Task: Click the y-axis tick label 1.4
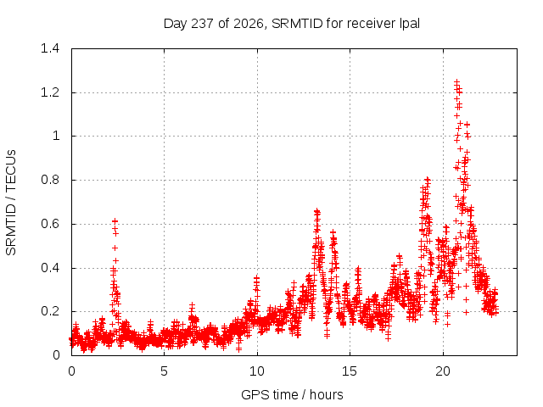(50, 48)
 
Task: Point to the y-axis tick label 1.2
(50, 92)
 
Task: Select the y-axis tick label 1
(56, 136)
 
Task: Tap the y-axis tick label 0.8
(50, 180)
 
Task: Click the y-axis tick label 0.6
(50, 224)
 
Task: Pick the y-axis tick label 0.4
(50, 268)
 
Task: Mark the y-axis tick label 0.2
(50, 311)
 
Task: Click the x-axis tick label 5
(164, 371)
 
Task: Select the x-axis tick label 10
(257, 371)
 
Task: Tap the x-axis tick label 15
(350, 371)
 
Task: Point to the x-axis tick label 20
(443, 371)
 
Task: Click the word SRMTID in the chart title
(297, 24)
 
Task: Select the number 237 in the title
(202, 24)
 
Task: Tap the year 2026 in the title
(249, 25)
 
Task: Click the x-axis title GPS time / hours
(292, 395)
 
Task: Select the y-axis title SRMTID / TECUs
(11, 203)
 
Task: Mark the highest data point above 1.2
(457, 82)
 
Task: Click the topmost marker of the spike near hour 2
(115, 220)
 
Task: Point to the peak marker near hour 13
(316, 210)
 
